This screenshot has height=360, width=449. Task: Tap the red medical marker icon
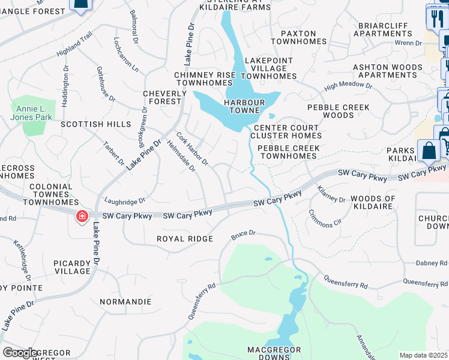coord(80,216)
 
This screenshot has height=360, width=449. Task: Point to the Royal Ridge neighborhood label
coord(185,239)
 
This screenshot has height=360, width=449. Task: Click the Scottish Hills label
coord(95,124)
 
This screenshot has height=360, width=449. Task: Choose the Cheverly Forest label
coord(162,98)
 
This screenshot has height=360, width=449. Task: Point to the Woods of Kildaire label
coord(373,202)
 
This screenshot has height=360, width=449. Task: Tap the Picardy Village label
coord(71,267)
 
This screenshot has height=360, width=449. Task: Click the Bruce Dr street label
coord(244,235)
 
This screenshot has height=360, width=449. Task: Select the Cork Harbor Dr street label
coord(192,149)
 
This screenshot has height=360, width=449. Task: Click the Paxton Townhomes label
coord(298,37)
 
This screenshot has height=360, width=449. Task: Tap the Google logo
coord(20,353)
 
